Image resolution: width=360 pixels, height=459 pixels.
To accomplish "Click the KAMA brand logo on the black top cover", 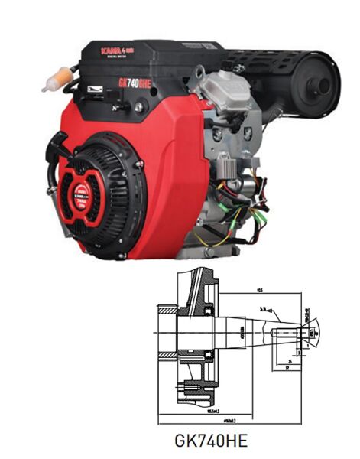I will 114,50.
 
